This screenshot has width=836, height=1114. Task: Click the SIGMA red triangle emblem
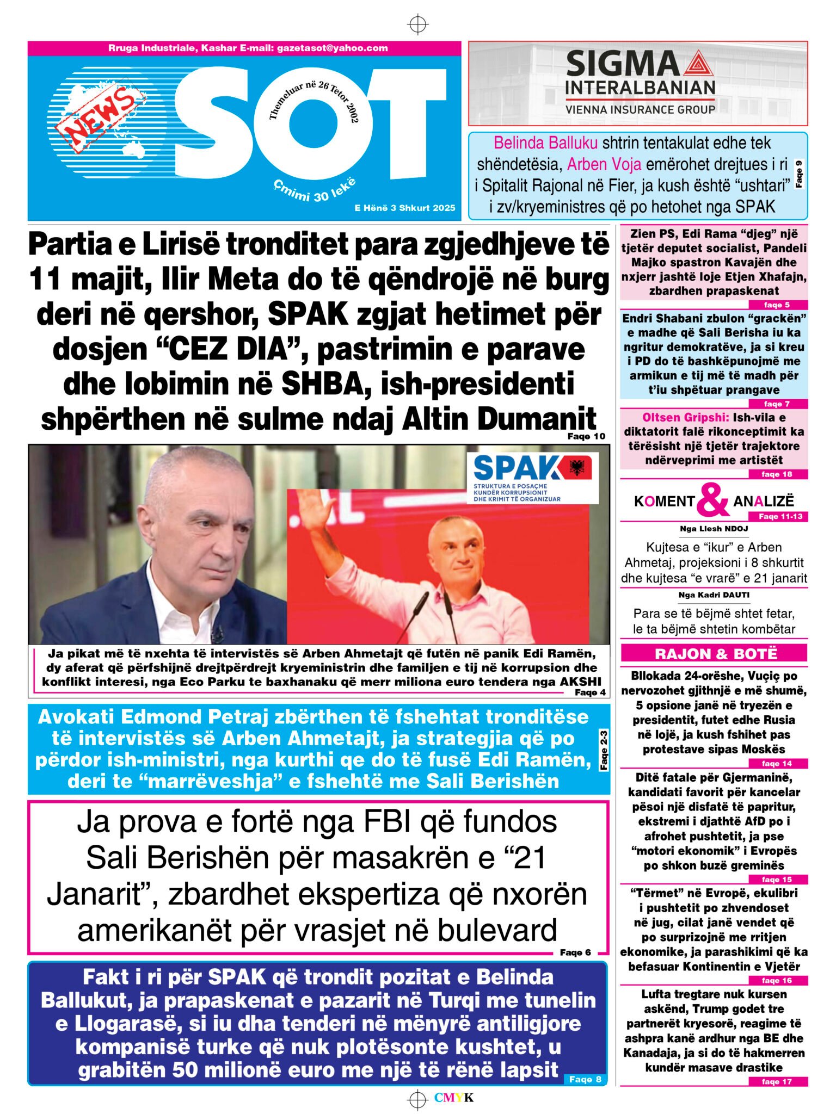pos(695,64)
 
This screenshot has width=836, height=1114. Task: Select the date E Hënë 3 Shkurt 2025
pos(404,208)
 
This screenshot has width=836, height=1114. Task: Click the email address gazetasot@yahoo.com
pos(332,48)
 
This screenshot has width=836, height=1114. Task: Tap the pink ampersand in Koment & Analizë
pos(712,500)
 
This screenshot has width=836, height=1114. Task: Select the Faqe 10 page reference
pos(586,436)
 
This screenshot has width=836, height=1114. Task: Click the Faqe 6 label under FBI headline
pos(575,952)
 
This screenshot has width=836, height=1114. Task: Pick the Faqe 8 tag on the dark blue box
pos(585,1079)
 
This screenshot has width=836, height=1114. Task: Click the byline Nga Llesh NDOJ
pos(714,528)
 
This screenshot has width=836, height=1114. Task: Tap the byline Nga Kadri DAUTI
pos(714,595)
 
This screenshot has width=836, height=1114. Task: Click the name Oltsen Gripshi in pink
pos(685,418)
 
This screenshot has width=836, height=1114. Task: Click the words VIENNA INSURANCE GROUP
pos(640,109)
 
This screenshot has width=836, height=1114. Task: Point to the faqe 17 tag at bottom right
pos(777,1081)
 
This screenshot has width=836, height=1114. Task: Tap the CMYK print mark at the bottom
pos(453,1098)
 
